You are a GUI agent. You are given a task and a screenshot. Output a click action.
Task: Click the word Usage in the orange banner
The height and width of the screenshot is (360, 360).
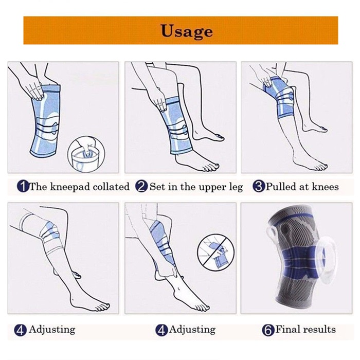[x=186, y=31]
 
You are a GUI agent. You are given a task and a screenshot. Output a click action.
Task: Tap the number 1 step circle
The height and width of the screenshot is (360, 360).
[x=23, y=186]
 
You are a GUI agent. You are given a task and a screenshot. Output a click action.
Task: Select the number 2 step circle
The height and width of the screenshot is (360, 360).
[x=141, y=186]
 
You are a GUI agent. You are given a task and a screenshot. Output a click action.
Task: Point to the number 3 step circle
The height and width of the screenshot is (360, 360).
[x=259, y=186]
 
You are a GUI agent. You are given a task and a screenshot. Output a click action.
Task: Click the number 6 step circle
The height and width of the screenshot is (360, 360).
[x=268, y=330]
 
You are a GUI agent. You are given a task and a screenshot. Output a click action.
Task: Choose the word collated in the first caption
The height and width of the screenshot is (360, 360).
[x=111, y=186]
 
